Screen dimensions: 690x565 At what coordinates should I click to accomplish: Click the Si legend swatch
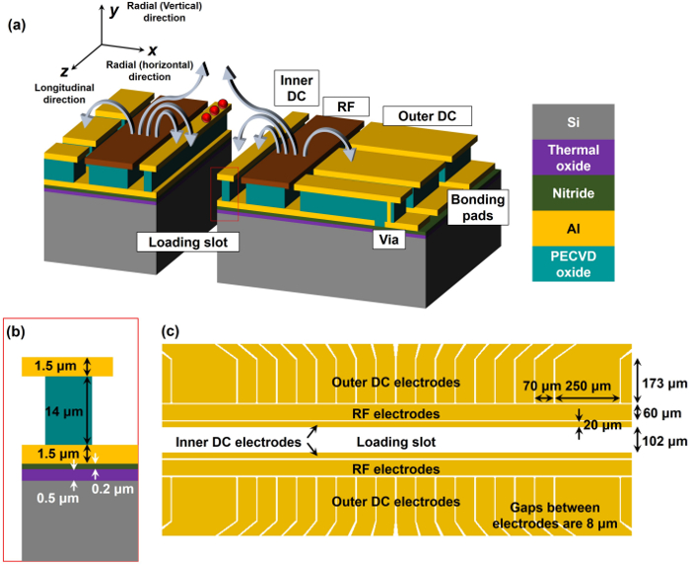[x=573, y=122]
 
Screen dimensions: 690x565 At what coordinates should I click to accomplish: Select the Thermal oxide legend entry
[x=573, y=158]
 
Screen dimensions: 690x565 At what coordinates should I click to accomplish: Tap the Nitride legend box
[x=573, y=193]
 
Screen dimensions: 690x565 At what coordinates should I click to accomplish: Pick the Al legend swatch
[x=573, y=229]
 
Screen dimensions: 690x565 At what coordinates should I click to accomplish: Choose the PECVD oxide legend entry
[x=573, y=264]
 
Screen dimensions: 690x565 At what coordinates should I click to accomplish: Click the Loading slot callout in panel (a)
[x=188, y=242]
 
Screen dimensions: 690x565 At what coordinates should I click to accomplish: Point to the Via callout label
[x=389, y=240]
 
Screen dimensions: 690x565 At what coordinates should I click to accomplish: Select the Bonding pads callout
[x=478, y=207]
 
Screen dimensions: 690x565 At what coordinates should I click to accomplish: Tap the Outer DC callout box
[x=427, y=116]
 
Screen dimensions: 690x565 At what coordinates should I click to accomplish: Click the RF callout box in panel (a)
[x=346, y=106]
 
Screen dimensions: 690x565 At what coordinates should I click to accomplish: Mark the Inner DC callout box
[x=297, y=88]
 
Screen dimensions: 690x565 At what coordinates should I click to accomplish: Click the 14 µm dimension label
[x=64, y=412]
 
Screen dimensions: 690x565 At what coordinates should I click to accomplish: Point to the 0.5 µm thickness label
[x=57, y=498]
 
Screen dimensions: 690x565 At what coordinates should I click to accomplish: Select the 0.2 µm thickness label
[x=112, y=488]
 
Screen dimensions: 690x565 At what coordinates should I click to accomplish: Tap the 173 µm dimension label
[x=665, y=384]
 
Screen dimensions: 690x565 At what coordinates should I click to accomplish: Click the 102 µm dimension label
[x=665, y=441]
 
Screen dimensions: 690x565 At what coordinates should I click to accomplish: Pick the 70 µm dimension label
[x=542, y=387]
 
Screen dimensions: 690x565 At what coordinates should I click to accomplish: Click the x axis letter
[x=152, y=50]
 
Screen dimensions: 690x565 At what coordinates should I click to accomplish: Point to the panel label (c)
[x=171, y=331]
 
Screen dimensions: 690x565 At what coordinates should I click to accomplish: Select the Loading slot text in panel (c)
[x=396, y=442]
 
